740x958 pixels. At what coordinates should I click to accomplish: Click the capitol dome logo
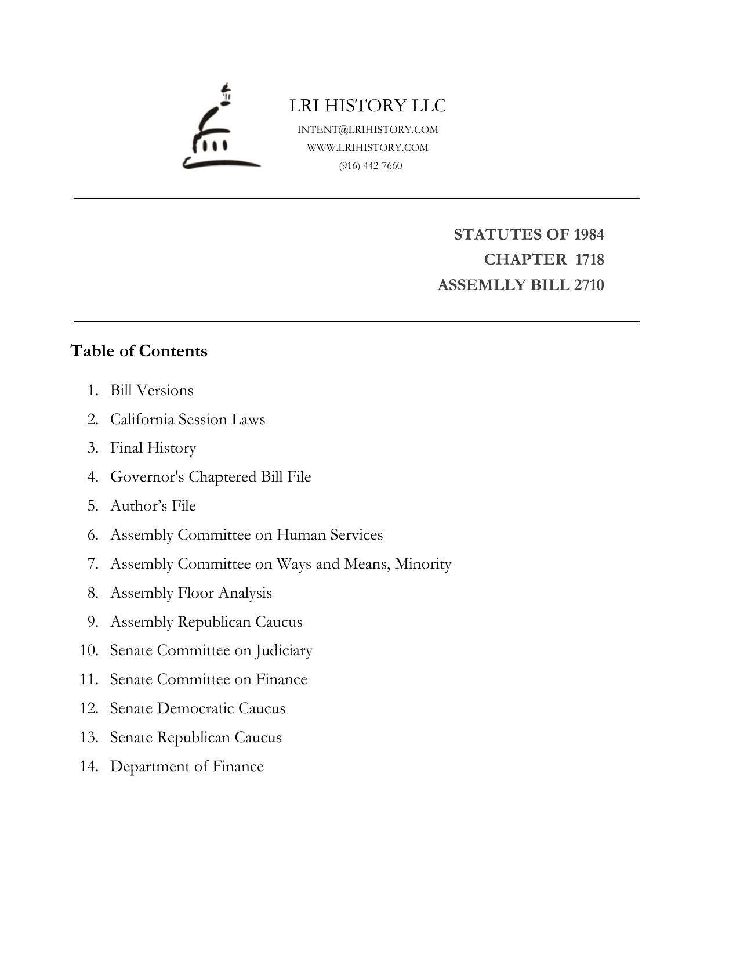point(221,129)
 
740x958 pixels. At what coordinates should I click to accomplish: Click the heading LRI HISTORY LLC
point(368,106)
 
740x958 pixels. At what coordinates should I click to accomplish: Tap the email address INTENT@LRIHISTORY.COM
point(368,129)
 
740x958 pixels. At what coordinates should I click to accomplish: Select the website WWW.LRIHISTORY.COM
point(368,147)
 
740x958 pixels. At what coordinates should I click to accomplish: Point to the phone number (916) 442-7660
point(371,165)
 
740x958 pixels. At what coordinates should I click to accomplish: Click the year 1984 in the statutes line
point(589,234)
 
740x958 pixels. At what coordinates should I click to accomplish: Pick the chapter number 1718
point(589,259)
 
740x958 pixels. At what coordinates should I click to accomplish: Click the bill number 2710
point(589,285)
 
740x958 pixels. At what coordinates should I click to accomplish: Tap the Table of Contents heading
point(139,351)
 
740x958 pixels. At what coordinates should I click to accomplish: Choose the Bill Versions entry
point(152,390)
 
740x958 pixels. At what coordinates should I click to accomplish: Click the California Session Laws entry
point(187,419)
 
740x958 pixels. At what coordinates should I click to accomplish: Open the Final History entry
point(153,448)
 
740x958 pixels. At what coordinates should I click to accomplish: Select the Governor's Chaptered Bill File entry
point(211,477)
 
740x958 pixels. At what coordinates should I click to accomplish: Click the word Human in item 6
point(301,534)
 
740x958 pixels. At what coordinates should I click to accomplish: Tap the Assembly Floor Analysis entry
point(191,592)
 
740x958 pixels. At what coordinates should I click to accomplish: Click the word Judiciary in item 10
point(284,650)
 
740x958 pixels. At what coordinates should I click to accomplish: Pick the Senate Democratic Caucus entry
point(198,708)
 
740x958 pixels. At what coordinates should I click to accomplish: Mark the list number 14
point(89,767)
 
